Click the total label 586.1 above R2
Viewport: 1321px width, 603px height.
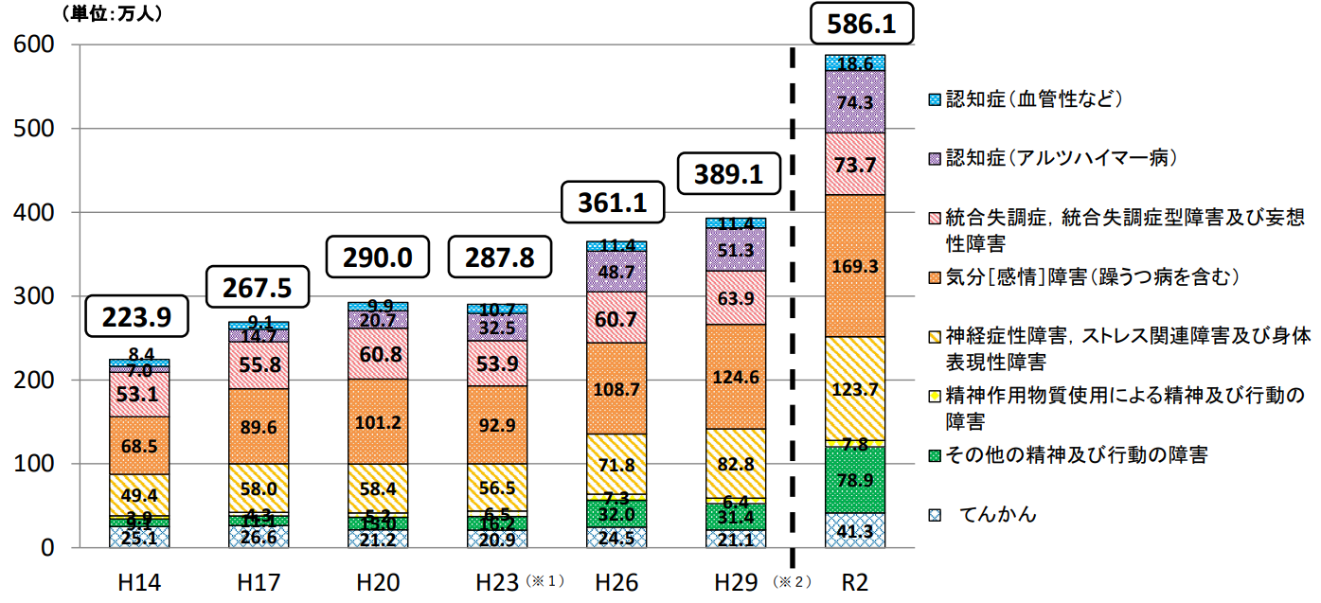point(862,24)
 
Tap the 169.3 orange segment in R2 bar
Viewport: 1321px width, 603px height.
point(855,266)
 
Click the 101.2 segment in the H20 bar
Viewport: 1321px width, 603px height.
point(378,421)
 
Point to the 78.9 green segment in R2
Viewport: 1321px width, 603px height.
point(855,479)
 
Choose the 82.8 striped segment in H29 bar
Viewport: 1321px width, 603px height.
point(736,466)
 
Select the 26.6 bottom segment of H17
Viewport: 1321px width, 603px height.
point(259,537)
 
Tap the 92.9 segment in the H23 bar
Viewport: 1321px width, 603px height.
point(497,426)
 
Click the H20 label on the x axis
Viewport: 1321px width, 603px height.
point(377,579)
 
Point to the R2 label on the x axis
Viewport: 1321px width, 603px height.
point(855,579)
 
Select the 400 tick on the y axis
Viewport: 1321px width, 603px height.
point(38,212)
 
